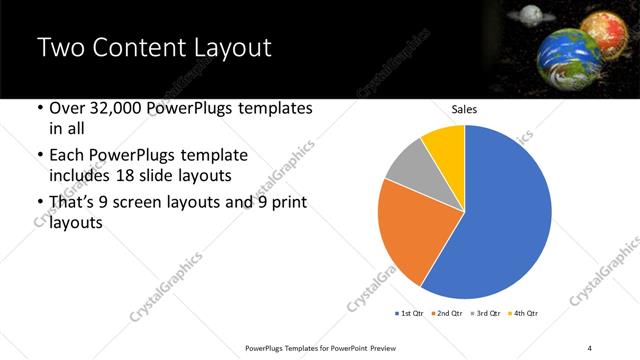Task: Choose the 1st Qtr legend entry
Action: coord(411,314)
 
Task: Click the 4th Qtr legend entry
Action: coord(525,314)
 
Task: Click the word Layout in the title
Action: coord(226,47)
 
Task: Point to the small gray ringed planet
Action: coord(531,15)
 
